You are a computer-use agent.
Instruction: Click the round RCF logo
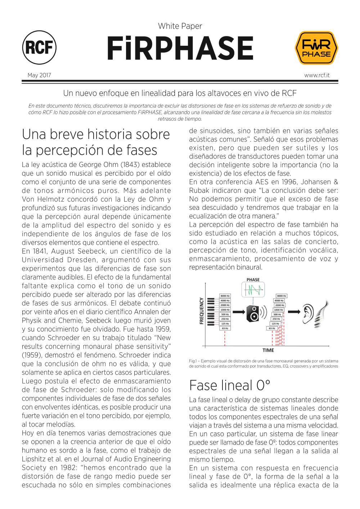[39, 48]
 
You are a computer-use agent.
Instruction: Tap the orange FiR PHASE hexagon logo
[316, 48]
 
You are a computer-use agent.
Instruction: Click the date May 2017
[39, 75]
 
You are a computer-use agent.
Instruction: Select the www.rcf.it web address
[317, 75]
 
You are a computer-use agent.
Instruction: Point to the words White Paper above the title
[180, 26]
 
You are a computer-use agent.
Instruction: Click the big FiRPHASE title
[180, 48]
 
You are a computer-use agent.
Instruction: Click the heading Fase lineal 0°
[230, 386]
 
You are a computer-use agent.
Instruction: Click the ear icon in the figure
[308, 312]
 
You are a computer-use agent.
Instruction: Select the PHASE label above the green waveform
[253, 280]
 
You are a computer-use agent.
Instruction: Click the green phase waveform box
[253, 289]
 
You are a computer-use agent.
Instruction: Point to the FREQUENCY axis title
[202, 311]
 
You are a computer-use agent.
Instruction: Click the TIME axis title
[268, 350]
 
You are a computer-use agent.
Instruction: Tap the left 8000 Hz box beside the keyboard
[225, 296]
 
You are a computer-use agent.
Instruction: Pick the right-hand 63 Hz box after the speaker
[272, 328]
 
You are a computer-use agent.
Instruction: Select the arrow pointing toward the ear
[294, 312]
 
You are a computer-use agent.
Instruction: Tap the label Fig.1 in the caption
[193, 361]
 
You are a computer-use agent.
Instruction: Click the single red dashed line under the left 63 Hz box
[225, 338]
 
